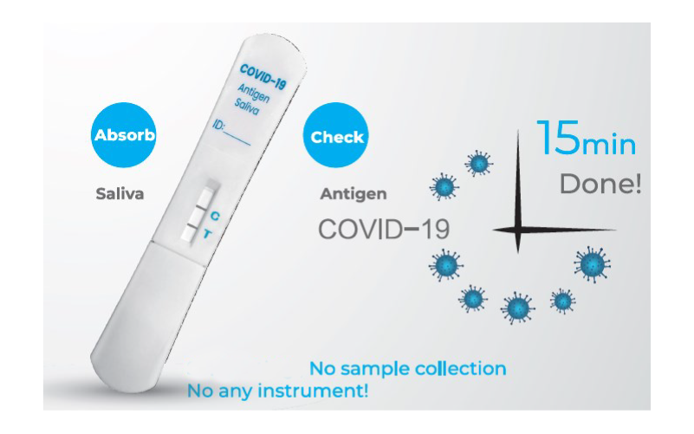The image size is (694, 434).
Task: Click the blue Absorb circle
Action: click(124, 135)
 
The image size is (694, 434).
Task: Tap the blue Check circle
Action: click(336, 135)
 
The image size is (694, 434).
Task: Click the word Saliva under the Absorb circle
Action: click(120, 194)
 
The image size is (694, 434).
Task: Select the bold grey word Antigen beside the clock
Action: click(353, 194)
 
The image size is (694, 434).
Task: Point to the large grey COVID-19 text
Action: click(384, 230)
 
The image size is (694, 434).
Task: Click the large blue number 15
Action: click(558, 138)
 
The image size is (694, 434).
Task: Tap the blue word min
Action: click(609, 144)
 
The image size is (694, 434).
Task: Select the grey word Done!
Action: click(600, 184)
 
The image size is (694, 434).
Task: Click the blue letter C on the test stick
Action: click(215, 216)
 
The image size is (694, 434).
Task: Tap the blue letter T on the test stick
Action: click(207, 234)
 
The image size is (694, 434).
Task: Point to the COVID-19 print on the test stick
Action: click(263, 77)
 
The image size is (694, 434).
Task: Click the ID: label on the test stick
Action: click(218, 125)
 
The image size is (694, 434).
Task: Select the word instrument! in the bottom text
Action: click(313, 391)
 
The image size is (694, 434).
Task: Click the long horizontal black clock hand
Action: click(555, 230)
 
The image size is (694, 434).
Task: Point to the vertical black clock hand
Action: click(518, 191)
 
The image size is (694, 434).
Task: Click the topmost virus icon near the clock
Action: click(479, 163)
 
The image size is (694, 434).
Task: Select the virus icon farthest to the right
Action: click(593, 264)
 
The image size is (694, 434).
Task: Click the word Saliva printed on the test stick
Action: click(246, 107)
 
